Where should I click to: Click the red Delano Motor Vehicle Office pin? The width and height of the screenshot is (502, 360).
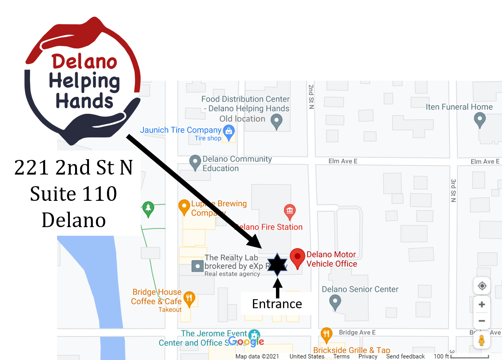297,257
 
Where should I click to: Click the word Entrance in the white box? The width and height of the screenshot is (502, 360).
277,304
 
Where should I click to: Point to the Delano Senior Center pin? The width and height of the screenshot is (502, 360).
335,301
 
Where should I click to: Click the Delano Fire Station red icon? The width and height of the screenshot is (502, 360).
289,211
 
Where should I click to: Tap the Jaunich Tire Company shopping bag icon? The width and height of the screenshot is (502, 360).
229,132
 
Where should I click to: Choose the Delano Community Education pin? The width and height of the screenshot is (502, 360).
195,162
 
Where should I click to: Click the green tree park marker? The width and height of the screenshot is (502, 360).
148,208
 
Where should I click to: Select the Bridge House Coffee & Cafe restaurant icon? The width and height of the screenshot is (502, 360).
189,299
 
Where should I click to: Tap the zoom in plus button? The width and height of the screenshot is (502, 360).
482,304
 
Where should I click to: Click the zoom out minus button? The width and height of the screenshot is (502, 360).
482,321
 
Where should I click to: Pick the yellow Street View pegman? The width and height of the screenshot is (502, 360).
482,340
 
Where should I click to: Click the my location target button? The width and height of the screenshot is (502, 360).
482,286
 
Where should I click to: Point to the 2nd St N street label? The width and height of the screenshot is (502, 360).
311,96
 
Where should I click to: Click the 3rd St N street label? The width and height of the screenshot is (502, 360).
453,191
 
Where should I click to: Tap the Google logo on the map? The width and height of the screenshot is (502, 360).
246,342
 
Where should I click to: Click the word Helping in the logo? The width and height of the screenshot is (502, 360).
84,81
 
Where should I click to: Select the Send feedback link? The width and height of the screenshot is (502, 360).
405,356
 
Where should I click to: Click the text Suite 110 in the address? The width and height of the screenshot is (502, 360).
74,194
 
